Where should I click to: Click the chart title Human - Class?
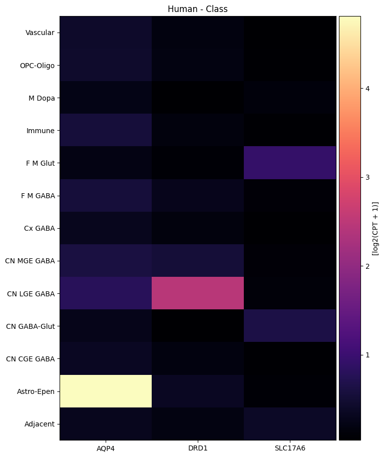click(x=198, y=9)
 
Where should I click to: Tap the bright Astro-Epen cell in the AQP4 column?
click(x=106, y=391)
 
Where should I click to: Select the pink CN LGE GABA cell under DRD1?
click(x=198, y=293)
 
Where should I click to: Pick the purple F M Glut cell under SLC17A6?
click(x=290, y=163)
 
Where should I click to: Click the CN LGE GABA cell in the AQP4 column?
click(x=106, y=293)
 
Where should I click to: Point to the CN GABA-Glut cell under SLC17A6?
click(x=290, y=326)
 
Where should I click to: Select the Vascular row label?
click(x=40, y=33)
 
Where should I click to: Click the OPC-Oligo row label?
click(x=37, y=66)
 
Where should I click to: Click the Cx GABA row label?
click(x=40, y=228)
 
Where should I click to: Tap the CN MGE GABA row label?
click(x=30, y=261)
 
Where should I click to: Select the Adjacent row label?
click(x=40, y=424)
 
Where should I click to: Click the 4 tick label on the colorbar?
click(x=367, y=89)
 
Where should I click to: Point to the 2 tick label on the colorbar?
click(x=367, y=266)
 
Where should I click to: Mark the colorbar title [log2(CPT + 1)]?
click(x=375, y=228)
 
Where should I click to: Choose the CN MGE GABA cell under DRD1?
click(x=198, y=261)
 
